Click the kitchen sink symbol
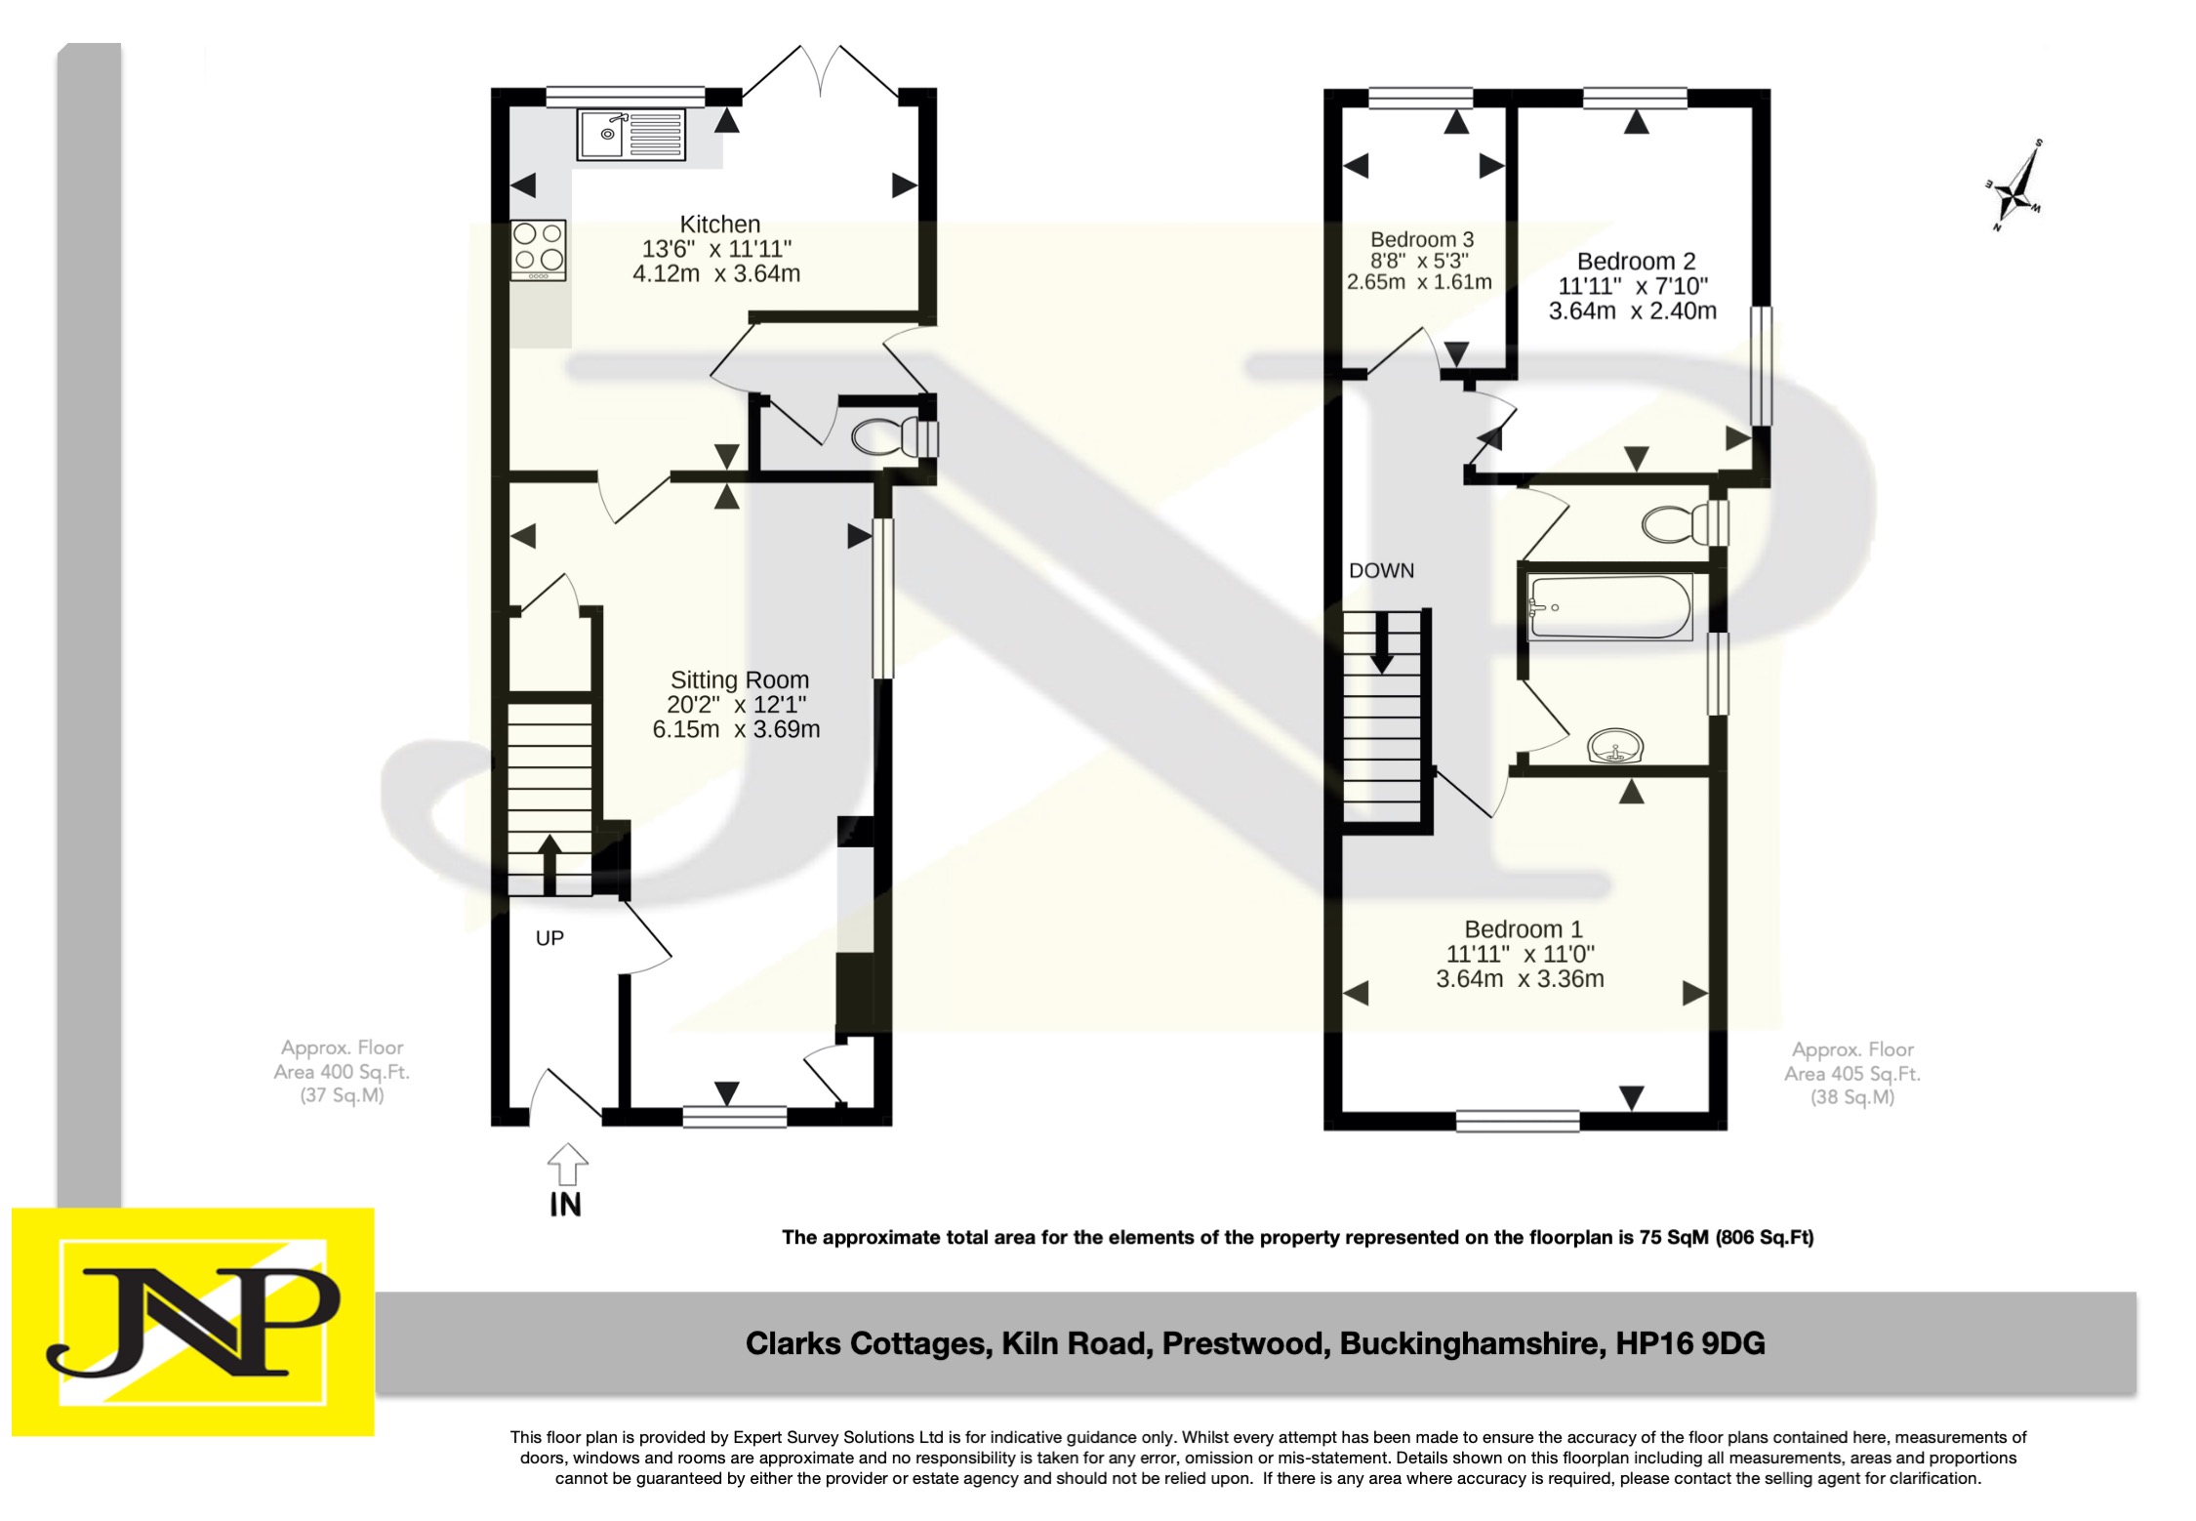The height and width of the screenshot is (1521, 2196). pyautogui.click(x=630, y=135)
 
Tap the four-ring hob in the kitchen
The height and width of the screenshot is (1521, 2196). pyautogui.click(x=539, y=249)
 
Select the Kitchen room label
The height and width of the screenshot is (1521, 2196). pyautogui.click(x=719, y=225)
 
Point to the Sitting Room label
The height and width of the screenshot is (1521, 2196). pyautogui.click(x=739, y=679)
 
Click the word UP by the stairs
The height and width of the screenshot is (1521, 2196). pyautogui.click(x=549, y=938)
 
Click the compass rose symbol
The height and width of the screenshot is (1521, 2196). pyautogui.click(x=2014, y=186)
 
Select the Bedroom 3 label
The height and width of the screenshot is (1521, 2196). pyautogui.click(x=1421, y=239)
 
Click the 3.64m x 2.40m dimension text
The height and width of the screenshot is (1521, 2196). pyautogui.click(x=1632, y=311)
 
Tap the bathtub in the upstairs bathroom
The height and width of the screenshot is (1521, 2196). pyautogui.click(x=1610, y=608)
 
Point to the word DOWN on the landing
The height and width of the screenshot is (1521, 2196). pyautogui.click(x=1381, y=571)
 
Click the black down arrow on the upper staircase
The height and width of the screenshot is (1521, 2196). pyautogui.click(x=1381, y=648)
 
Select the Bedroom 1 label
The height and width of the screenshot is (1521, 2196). pyautogui.click(x=1523, y=929)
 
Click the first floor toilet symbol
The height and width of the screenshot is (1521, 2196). pyautogui.click(x=1682, y=524)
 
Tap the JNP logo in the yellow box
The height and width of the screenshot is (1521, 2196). pyautogui.click(x=192, y=1321)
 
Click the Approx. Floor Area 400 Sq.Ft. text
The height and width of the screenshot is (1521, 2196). pyautogui.click(x=342, y=1071)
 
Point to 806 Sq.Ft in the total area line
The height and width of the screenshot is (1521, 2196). pyautogui.click(x=1763, y=1238)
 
